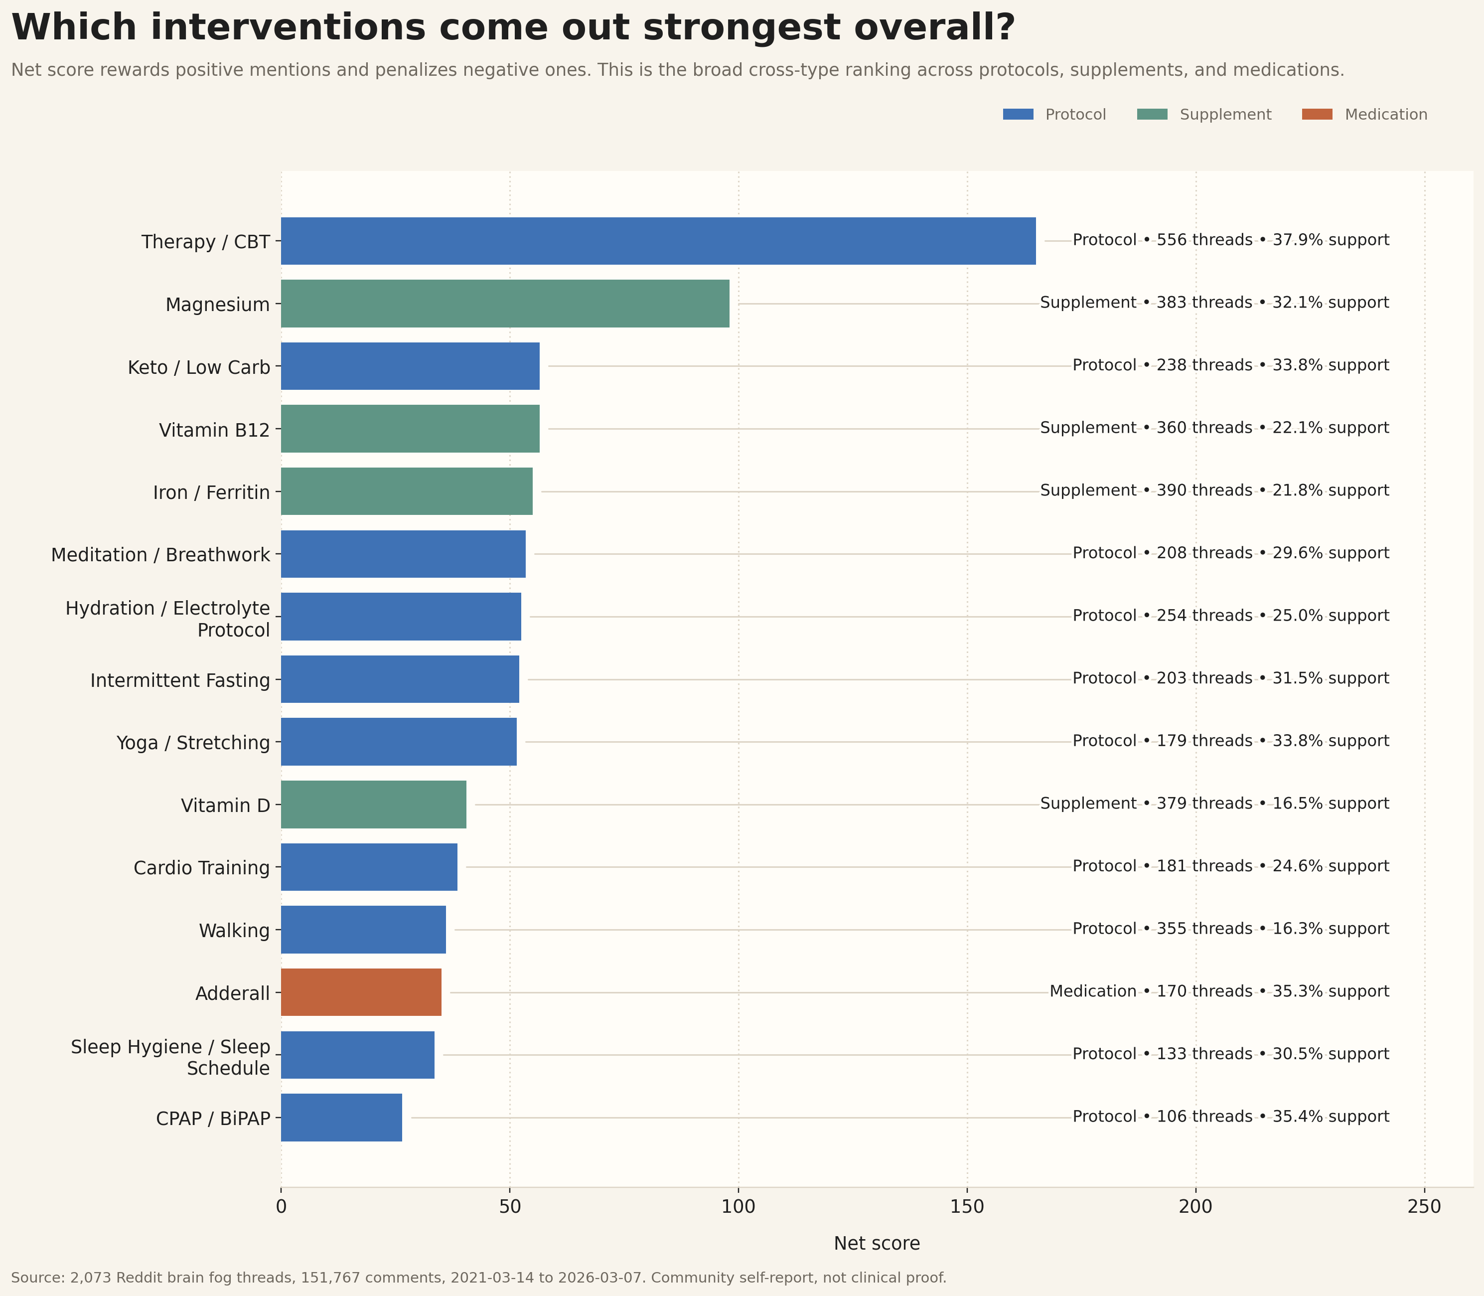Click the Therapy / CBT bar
658,241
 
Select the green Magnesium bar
504,304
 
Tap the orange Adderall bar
361,992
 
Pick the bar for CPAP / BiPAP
341,1118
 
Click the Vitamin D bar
373,804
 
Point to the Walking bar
363,929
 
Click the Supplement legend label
1225,114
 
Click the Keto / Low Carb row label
199,367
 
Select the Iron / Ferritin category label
211,492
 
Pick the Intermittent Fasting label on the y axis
180,680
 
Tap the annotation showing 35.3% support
1330,991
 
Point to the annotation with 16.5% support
1330,804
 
